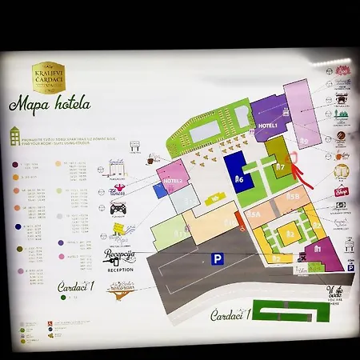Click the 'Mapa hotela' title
[x=50, y=105]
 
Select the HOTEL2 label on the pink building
[x=173, y=182]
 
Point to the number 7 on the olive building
[x=280, y=168]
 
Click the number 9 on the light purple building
[x=304, y=142]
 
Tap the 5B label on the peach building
[x=293, y=196]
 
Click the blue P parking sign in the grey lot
[x=216, y=258]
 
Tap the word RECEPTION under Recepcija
[x=120, y=270]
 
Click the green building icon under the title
[x=16, y=135]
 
